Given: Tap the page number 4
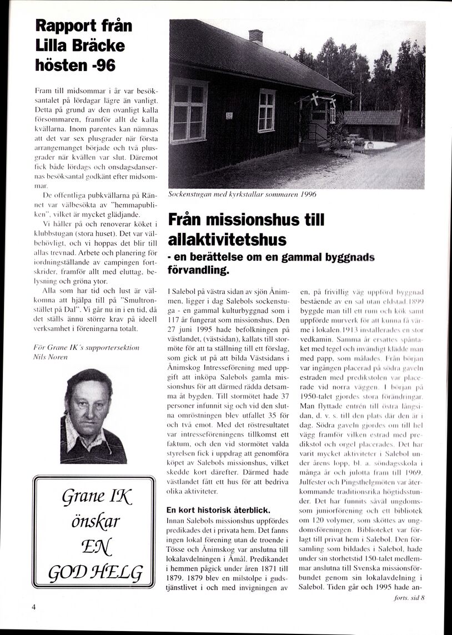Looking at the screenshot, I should tap(34, 607).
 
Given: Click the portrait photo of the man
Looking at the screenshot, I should tap(93, 416).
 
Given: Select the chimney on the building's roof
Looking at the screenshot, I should tap(256, 37).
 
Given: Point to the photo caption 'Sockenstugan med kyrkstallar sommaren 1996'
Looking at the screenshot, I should tap(242, 195).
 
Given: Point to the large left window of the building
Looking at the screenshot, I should tap(189, 111).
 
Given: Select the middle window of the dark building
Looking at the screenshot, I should tap(267, 110).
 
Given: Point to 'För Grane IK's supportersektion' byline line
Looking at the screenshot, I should tap(87, 347).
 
